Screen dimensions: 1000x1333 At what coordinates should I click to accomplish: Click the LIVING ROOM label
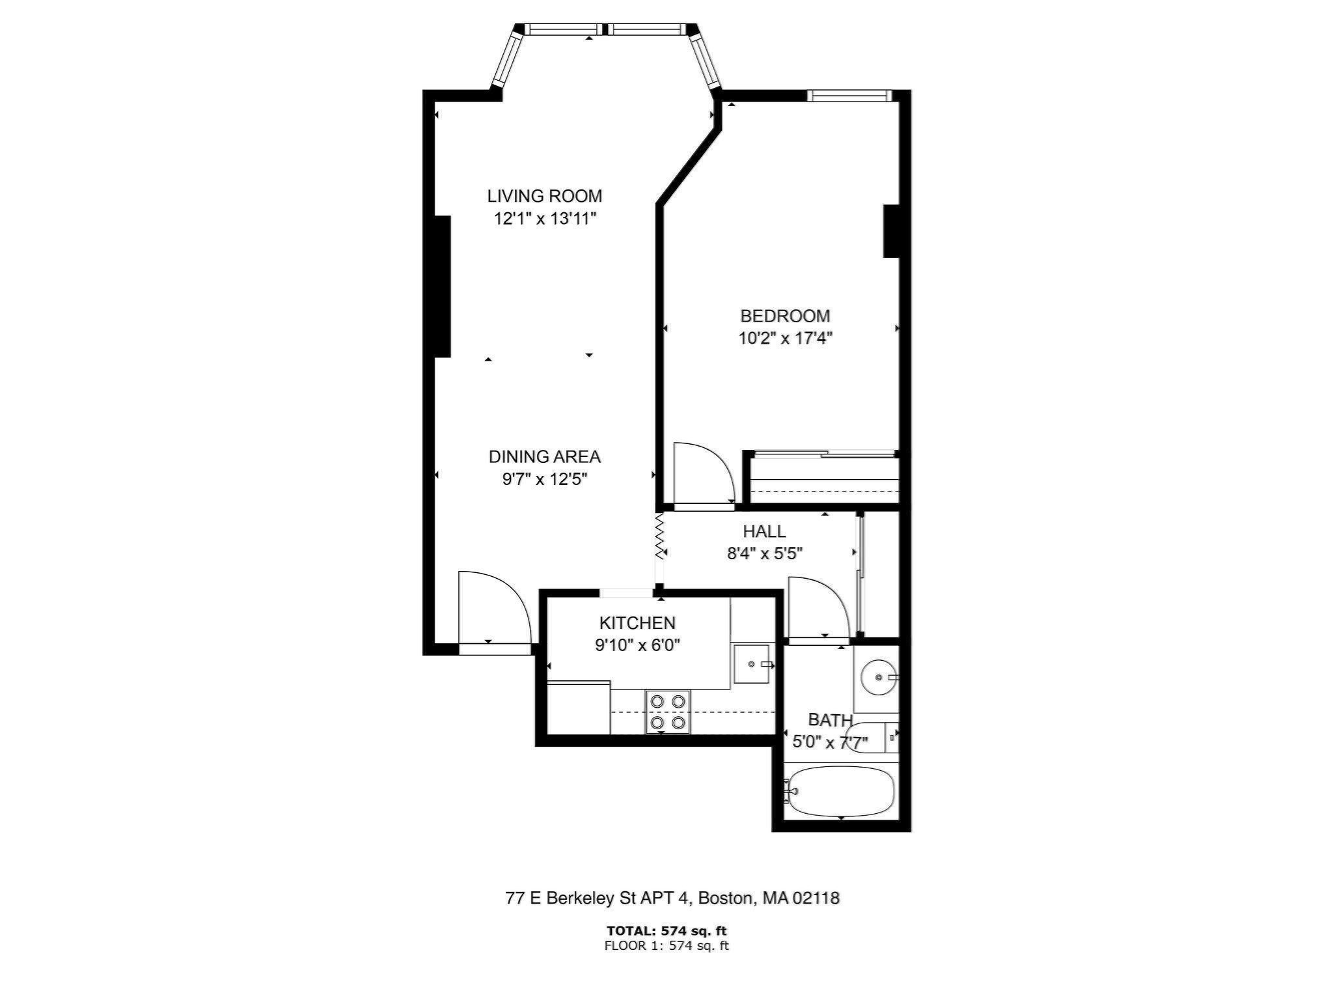coord(544,196)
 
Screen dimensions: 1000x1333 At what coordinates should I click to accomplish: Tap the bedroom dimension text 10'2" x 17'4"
coord(785,339)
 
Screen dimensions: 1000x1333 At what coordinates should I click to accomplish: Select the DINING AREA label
coord(544,457)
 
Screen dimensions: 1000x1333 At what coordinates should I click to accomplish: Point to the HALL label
coord(764,531)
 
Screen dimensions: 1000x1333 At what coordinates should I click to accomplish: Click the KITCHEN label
coord(637,623)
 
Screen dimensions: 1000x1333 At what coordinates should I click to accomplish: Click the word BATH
coord(829,720)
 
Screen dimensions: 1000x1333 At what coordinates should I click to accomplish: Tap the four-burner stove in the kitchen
coord(668,712)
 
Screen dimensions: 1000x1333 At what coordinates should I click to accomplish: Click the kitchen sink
coord(751,664)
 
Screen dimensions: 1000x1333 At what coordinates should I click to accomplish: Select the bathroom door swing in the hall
coord(817,607)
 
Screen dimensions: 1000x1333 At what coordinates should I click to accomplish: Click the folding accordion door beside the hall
coord(659,537)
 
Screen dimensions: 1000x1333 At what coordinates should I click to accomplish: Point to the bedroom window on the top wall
coord(849,96)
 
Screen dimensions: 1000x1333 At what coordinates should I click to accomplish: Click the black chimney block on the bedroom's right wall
coord(890,231)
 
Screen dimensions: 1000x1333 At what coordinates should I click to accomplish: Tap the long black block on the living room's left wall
coord(442,286)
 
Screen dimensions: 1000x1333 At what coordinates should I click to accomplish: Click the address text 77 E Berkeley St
coord(672,898)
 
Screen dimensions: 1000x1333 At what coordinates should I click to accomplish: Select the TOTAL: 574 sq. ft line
coord(666,931)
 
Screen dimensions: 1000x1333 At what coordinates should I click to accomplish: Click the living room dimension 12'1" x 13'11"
coord(545,219)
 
